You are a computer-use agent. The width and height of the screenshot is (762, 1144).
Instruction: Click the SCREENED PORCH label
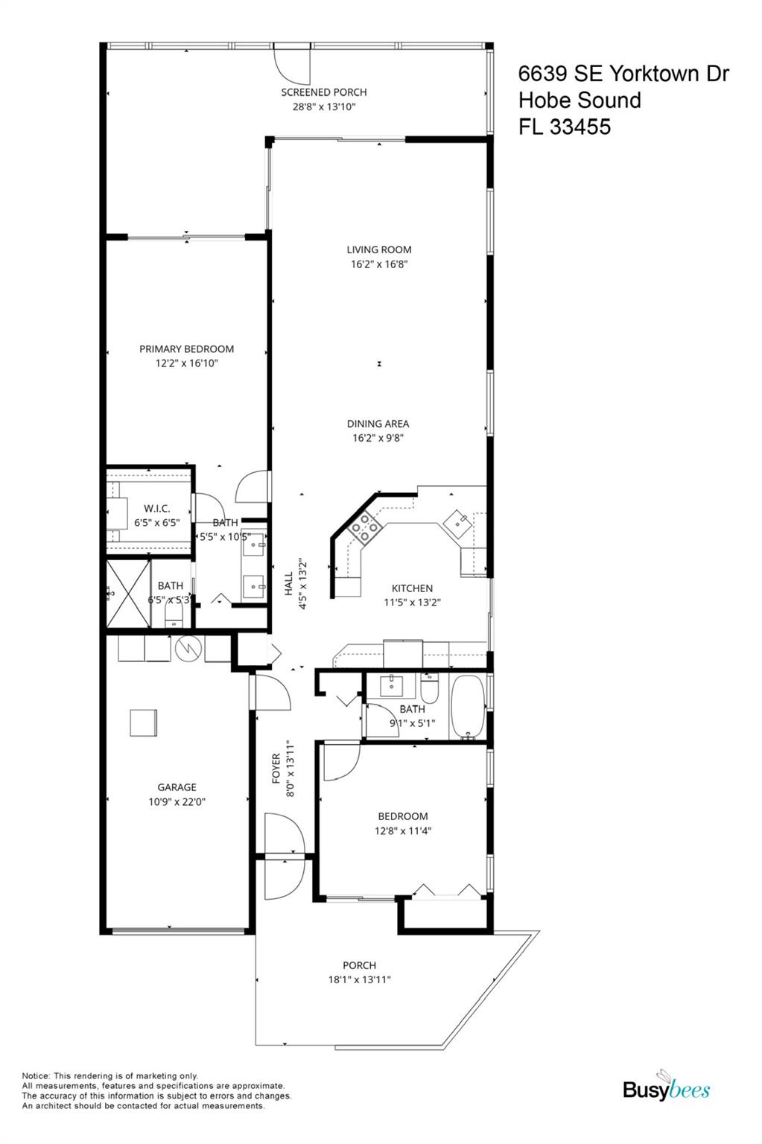pyautogui.click(x=323, y=92)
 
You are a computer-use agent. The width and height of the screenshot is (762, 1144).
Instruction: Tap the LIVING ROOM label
pyautogui.click(x=378, y=250)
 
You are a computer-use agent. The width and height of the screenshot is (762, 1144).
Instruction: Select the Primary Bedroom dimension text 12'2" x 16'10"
pyautogui.click(x=186, y=363)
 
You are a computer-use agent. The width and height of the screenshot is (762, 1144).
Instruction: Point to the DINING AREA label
pyautogui.click(x=378, y=424)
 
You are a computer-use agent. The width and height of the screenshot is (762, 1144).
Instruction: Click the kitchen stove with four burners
pyautogui.click(x=365, y=527)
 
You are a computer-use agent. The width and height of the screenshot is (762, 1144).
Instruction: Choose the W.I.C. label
pyautogui.click(x=156, y=509)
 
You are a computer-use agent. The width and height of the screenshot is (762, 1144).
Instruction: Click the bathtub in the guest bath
pyautogui.click(x=468, y=707)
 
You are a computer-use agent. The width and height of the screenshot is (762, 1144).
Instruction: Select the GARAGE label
pyautogui.click(x=177, y=787)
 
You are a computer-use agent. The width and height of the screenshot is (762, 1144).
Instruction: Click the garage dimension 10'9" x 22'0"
pyautogui.click(x=177, y=802)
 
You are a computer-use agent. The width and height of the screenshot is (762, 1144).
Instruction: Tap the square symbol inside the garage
pyautogui.click(x=144, y=722)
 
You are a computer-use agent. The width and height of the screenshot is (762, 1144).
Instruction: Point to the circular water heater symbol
pyautogui.click(x=188, y=649)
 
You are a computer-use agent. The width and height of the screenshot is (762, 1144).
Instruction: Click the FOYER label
pyautogui.click(x=276, y=768)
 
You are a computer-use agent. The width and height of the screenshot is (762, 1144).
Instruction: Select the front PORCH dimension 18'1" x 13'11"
pyautogui.click(x=359, y=980)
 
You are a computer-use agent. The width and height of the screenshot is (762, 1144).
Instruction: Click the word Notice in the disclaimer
pyautogui.click(x=35, y=1075)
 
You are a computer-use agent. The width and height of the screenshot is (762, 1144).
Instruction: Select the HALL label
pyautogui.click(x=289, y=583)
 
